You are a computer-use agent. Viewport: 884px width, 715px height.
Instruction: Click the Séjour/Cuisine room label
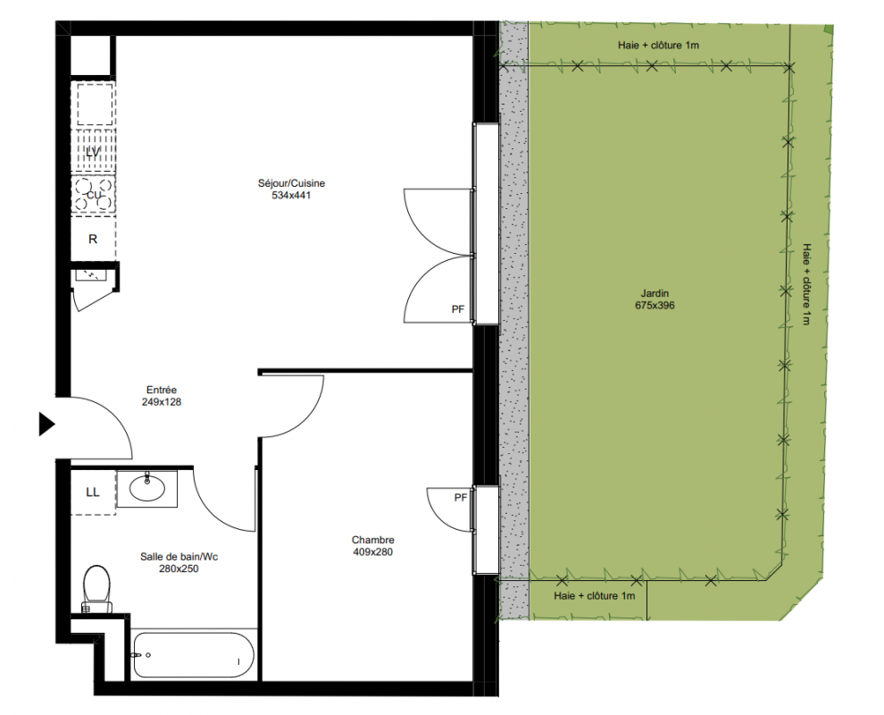(x=291, y=183)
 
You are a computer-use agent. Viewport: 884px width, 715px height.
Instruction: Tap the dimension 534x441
(x=291, y=195)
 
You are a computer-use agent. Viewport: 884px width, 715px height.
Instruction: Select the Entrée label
(x=162, y=390)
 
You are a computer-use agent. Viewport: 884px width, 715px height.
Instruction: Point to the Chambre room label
(x=372, y=540)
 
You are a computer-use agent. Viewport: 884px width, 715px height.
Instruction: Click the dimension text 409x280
(x=372, y=552)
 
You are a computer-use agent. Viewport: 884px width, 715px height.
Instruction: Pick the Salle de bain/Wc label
(x=179, y=557)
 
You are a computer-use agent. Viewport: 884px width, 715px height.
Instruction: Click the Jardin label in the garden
(x=655, y=293)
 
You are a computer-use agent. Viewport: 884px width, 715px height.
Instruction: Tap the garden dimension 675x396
(x=655, y=306)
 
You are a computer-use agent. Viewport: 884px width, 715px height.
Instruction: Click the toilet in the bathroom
(x=97, y=589)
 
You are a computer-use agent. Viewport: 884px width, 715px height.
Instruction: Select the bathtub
(x=194, y=654)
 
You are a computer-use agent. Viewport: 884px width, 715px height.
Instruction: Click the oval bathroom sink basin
(x=147, y=488)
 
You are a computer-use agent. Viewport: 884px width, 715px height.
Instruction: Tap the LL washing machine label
(x=93, y=492)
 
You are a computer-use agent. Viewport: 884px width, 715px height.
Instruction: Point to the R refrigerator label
(x=93, y=240)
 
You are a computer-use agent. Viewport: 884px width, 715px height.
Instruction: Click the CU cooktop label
(x=94, y=195)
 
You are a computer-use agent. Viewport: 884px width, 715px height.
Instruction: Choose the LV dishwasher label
(x=93, y=152)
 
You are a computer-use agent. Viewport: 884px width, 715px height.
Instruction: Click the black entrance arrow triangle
(x=46, y=425)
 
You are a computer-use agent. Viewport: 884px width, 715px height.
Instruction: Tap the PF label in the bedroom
(x=461, y=497)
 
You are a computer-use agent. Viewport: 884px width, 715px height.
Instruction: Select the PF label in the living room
(x=458, y=309)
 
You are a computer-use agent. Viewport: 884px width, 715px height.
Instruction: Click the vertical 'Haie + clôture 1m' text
(x=807, y=284)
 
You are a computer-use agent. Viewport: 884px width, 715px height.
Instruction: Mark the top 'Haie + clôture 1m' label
(x=658, y=46)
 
